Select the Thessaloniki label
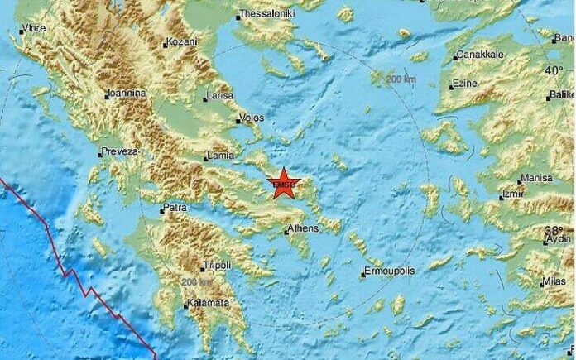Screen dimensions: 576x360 pos(266,14)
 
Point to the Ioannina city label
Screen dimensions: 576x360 pos(126,94)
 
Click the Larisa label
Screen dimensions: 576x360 pos(219,97)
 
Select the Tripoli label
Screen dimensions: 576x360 pos(217,266)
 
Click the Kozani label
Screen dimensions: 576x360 pos(182,41)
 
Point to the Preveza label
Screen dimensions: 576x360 pos(118,151)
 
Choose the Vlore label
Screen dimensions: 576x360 pos(33,28)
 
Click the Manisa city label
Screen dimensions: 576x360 pos(535,178)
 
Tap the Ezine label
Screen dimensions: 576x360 pos(468,84)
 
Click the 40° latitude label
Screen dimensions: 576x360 pos(554,70)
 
